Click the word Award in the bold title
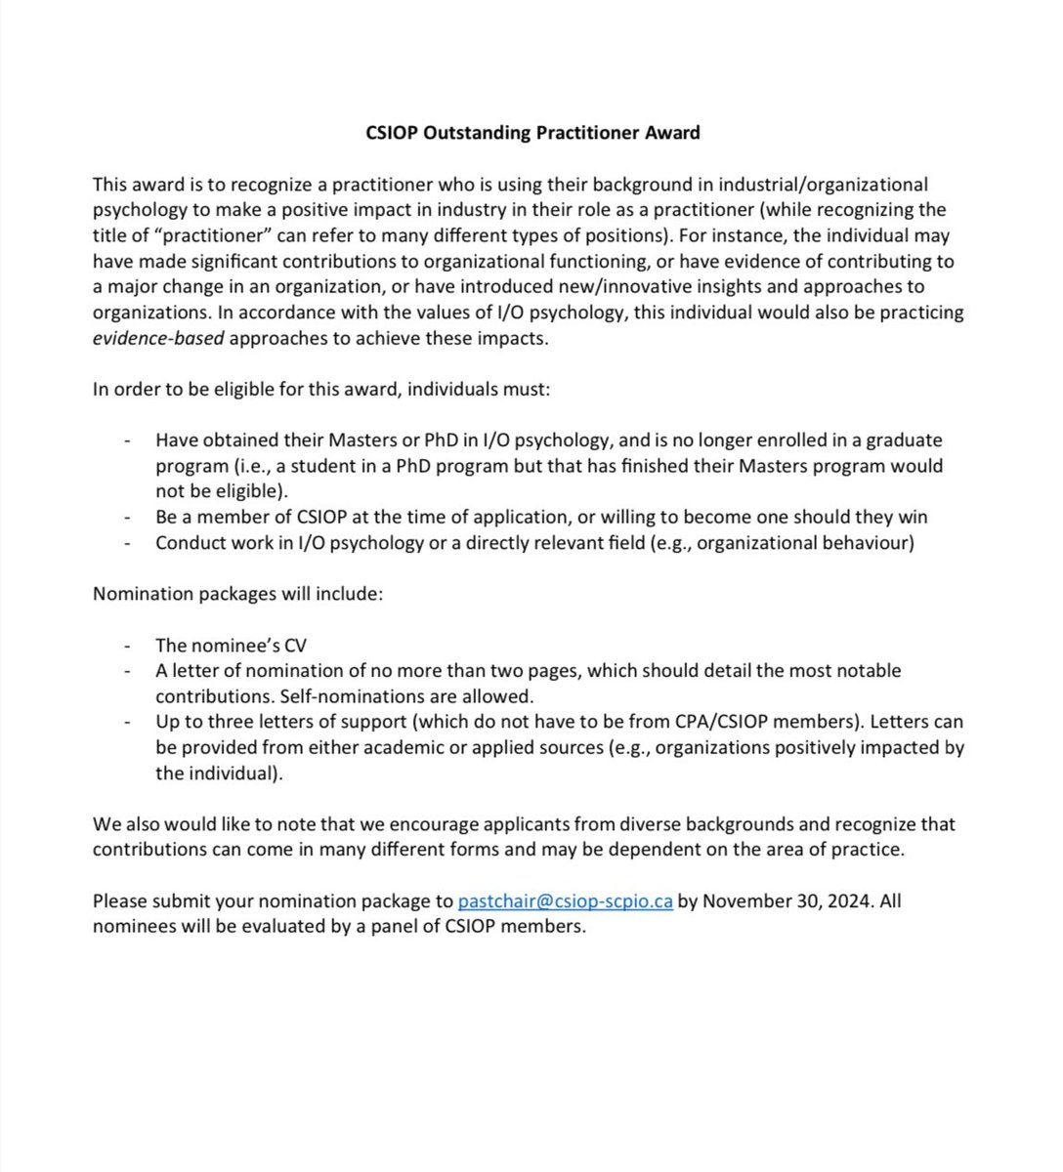(x=671, y=132)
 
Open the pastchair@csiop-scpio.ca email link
(x=565, y=900)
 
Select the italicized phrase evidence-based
(x=158, y=338)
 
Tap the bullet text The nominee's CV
(x=232, y=645)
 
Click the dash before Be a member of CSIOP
(x=127, y=517)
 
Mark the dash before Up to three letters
(x=127, y=723)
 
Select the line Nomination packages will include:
(x=237, y=594)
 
